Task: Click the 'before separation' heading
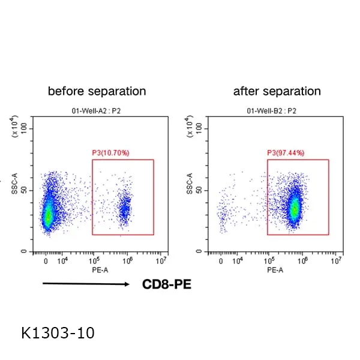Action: (x=97, y=91)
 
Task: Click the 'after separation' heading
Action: (x=277, y=91)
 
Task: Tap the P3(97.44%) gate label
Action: (x=286, y=153)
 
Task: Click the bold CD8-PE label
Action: (x=167, y=284)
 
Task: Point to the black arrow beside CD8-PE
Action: (x=86, y=284)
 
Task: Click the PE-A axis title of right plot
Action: (x=274, y=271)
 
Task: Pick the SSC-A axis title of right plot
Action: (x=190, y=184)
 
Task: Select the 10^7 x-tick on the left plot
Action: (x=161, y=261)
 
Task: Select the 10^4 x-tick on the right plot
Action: (x=238, y=261)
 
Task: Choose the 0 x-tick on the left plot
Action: (x=46, y=262)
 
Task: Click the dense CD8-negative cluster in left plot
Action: (x=49, y=213)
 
